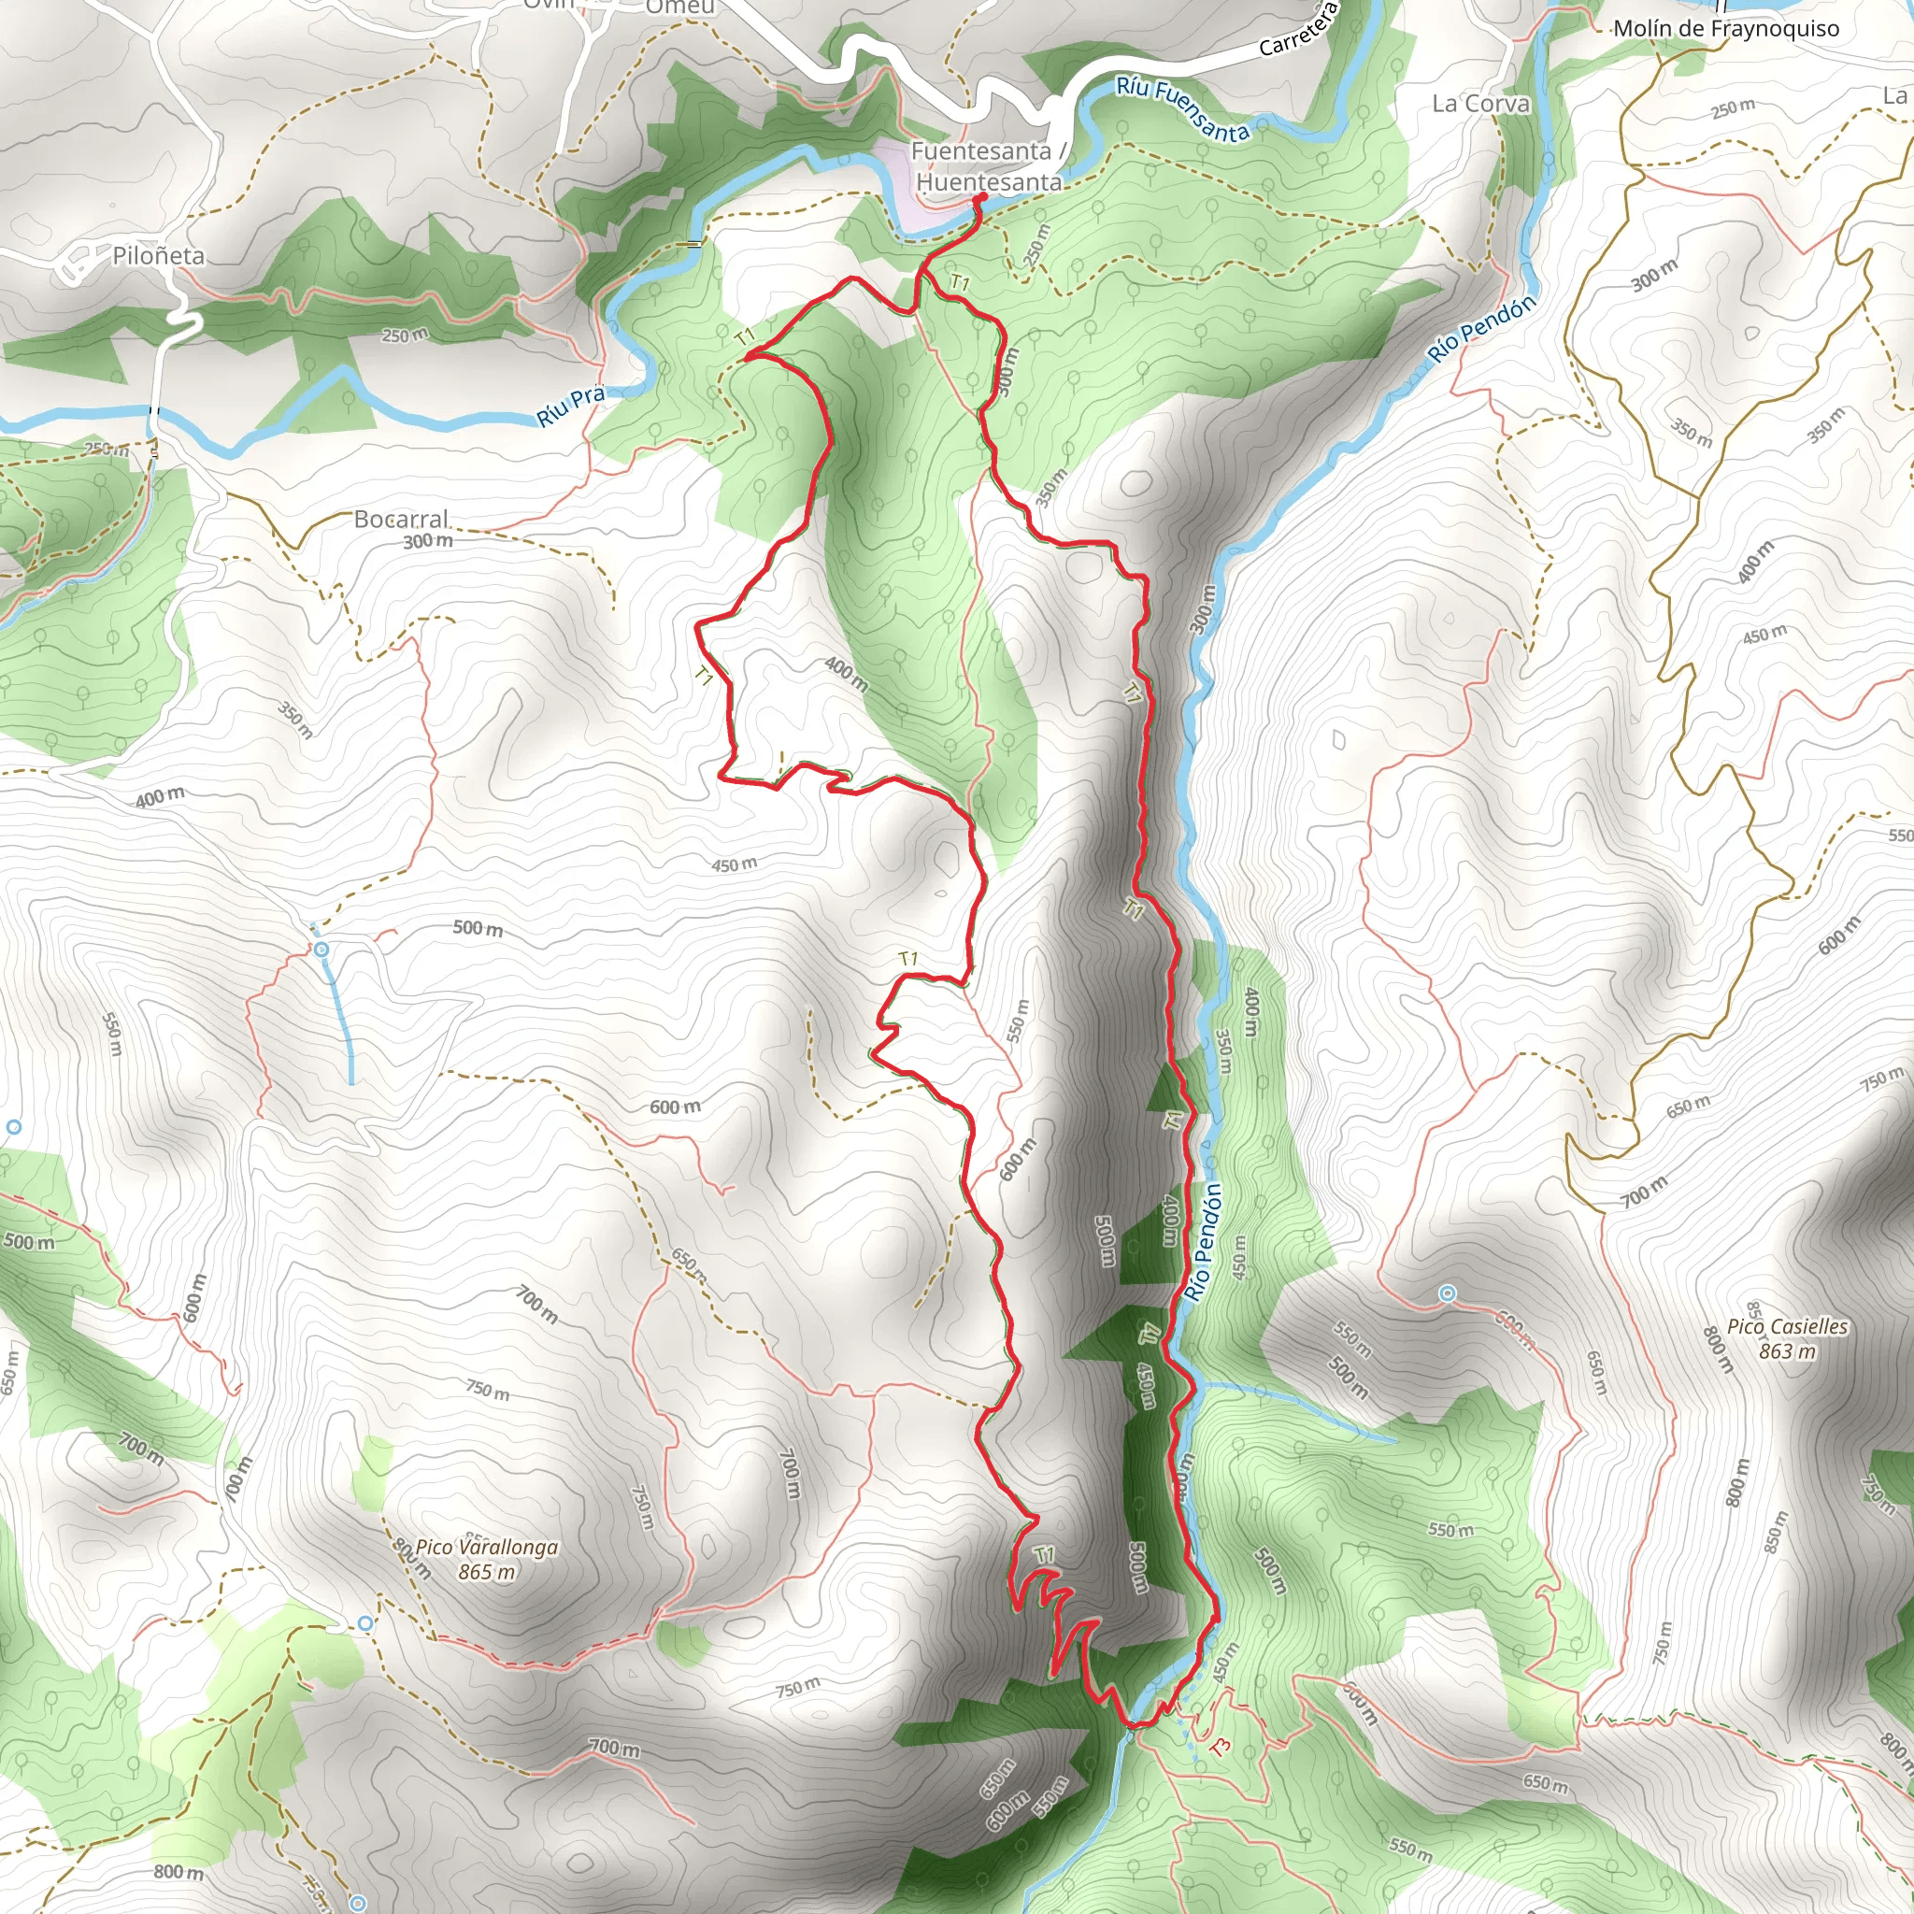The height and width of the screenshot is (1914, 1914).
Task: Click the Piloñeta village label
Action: coord(159,255)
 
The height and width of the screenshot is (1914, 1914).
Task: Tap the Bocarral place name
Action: coord(401,519)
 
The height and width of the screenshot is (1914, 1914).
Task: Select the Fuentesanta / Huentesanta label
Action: coord(988,166)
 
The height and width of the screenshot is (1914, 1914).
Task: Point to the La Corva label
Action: coord(1480,104)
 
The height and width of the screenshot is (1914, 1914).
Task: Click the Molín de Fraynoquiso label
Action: coord(1726,29)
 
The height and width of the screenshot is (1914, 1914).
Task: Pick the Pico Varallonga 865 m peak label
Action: coord(486,1558)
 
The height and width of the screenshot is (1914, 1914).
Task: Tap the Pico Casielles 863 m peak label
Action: coord(1787,1337)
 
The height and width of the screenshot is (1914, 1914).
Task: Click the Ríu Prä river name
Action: coord(571,407)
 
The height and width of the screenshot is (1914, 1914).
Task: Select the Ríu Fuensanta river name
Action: coord(1183,109)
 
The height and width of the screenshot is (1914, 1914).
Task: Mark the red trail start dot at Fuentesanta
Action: coord(980,198)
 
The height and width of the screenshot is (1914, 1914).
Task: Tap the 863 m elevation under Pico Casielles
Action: coord(1787,1351)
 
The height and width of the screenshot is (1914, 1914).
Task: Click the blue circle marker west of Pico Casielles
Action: coord(1448,1293)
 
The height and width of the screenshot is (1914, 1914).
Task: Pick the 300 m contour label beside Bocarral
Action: coord(428,541)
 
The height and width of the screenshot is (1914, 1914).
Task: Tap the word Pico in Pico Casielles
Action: coord(1745,1326)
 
